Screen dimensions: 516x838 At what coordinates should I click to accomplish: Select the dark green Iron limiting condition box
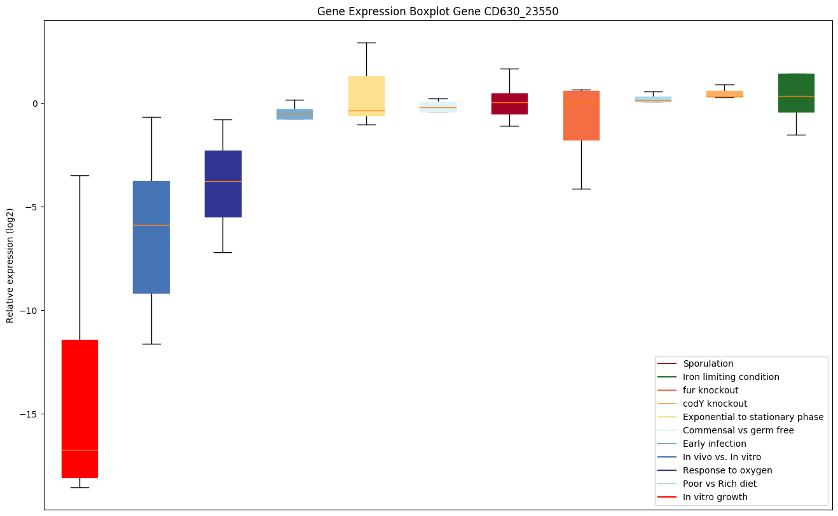click(796, 93)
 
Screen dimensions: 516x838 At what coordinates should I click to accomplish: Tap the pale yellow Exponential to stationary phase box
click(366, 95)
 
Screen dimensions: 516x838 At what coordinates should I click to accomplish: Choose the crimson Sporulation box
click(509, 104)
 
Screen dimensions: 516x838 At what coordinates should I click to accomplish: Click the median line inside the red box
click(79, 450)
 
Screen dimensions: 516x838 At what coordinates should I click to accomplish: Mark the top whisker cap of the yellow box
click(366, 43)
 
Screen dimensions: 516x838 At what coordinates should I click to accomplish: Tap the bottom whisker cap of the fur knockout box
click(581, 189)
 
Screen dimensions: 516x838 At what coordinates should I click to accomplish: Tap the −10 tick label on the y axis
click(29, 311)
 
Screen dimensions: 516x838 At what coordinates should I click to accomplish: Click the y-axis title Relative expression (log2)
click(10, 265)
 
